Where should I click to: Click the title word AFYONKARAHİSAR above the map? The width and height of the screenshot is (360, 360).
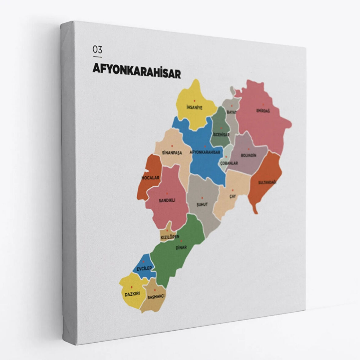[x=136, y=71]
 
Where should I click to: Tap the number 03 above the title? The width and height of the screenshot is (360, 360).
[x=98, y=49]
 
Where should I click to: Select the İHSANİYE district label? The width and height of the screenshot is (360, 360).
[x=194, y=107]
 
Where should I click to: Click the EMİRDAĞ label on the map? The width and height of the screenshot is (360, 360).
[x=263, y=111]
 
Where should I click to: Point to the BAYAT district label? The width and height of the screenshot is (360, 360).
[x=232, y=112]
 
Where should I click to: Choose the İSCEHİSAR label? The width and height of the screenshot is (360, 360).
[x=221, y=135]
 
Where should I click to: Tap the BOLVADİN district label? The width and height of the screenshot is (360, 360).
[x=249, y=155]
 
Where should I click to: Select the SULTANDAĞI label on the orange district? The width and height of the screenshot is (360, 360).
[x=267, y=182]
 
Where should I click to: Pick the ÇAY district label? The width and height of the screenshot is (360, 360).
[x=233, y=196]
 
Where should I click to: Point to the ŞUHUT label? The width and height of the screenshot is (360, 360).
[x=202, y=204]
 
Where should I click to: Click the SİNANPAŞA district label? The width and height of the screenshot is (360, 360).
[x=172, y=153]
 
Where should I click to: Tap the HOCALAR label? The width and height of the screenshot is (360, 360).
[x=150, y=178]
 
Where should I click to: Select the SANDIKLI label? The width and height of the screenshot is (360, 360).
[x=167, y=200]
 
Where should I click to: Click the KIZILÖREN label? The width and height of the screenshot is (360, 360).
[x=170, y=237]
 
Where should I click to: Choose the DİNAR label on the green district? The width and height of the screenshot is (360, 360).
[x=181, y=247]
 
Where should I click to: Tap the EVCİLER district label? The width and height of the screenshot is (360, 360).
[x=144, y=268]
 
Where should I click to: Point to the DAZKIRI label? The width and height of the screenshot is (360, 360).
[x=132, y=294]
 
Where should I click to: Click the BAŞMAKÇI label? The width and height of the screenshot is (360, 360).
[x=156, y=297]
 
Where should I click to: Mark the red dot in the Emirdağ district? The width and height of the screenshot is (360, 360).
[x=263, y=104]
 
